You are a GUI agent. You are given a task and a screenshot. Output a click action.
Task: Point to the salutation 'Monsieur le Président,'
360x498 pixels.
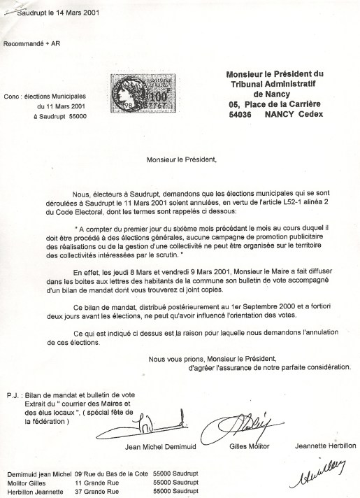[x=182, y=158]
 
